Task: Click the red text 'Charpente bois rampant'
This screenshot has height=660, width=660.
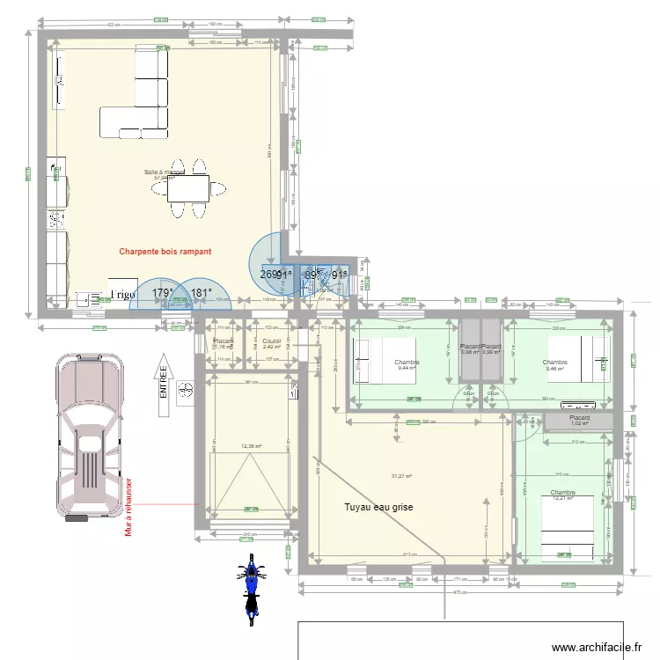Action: point(165,251)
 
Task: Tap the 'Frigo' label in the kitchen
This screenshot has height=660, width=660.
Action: point(121,295)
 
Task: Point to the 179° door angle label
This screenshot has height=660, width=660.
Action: point(162,294)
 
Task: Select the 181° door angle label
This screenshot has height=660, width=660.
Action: point(202,294)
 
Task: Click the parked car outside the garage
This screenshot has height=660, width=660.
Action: point(87,436)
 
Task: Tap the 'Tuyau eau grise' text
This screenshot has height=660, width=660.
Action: point(379,507)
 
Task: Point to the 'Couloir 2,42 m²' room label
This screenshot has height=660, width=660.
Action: point(271,344)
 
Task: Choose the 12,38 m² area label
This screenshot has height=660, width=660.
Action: point(252,446)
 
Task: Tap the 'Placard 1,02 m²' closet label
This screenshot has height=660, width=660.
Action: point(578,421)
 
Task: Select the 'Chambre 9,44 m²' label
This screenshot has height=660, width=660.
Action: point(407,365)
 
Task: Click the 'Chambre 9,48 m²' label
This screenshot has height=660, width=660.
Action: point(555,365)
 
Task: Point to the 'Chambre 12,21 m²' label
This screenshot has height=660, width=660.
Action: point(562,495)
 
